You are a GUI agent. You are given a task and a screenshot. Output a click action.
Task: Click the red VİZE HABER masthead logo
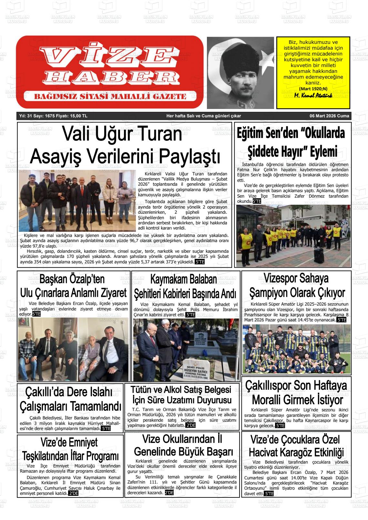(110, 72)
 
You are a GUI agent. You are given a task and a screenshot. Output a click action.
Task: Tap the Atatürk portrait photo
(240, 73)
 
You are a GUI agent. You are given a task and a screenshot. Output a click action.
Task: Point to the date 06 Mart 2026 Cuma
(329, 116)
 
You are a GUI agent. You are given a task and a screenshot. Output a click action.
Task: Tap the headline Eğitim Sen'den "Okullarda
(291, 133)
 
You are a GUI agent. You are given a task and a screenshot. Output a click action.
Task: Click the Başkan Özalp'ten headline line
(72, 279)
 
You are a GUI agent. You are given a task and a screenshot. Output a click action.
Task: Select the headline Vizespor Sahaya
(296, 278)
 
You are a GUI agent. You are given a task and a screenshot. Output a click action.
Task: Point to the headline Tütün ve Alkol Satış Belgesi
(181, 389)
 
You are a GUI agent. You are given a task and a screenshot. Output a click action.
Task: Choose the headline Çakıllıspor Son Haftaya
(296, 386)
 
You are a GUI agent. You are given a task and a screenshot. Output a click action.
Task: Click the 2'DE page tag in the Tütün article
(190, 426)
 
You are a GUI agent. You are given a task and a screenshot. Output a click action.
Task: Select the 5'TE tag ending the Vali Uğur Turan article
(199, 262)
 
